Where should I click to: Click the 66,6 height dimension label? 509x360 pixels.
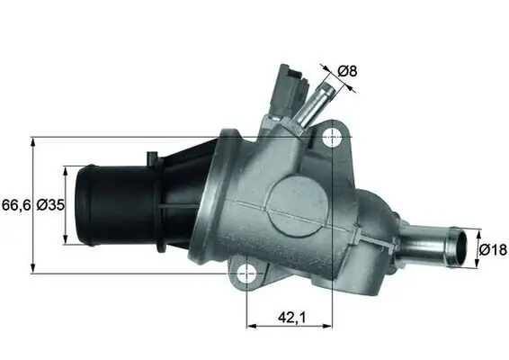16,204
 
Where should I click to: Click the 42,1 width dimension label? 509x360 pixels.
290,316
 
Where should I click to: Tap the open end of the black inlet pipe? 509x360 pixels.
82,205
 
